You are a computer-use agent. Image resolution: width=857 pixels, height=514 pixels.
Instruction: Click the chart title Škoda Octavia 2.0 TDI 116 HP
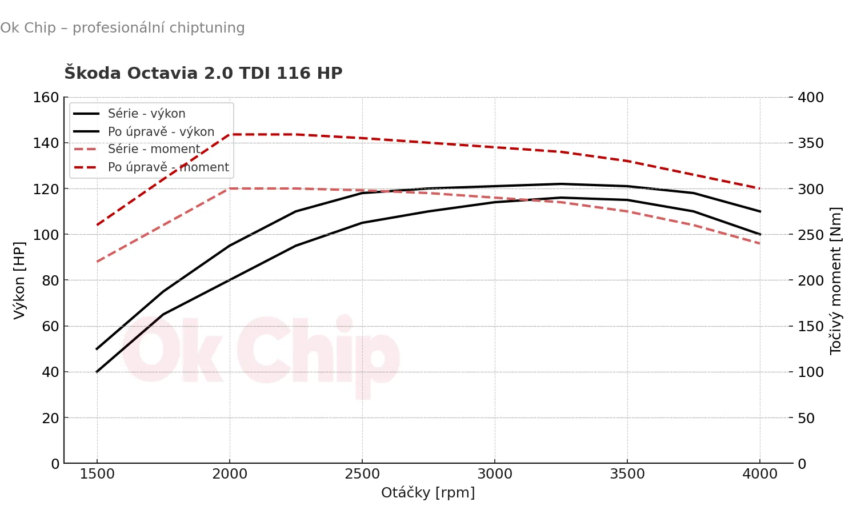click(x=203, y=74)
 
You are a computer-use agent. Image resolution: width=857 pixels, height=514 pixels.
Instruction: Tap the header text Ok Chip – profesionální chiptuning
click(x=122, y=28)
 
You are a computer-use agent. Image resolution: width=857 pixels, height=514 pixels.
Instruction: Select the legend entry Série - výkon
click(x=146, y=114)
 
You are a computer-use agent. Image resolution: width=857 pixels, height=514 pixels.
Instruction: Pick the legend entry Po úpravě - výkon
click(x=161, y=132)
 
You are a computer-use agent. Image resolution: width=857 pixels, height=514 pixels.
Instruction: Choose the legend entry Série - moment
click(x=154, y=149)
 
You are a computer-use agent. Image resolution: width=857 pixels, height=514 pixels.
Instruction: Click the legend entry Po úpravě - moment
click(x=168, y=167)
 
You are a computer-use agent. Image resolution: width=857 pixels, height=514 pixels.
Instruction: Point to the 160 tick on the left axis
click(x=46, y=98)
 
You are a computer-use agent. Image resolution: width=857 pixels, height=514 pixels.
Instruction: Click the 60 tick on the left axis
click(x=50, y=326)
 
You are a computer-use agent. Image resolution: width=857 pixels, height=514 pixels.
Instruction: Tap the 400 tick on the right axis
click(x=810, y=98)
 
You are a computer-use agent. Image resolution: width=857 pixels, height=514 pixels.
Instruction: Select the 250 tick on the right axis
click(x=810, y=235)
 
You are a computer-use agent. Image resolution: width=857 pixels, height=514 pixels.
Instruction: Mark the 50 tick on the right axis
click(x=806, y=418)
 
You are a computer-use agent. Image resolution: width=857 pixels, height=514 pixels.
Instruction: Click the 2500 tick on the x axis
click(x=362, y=474)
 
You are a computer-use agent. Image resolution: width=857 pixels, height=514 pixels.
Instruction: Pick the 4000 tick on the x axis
click(x=760, y=474)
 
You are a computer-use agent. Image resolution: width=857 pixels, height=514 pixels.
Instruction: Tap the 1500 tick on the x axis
click(x=97, y=474)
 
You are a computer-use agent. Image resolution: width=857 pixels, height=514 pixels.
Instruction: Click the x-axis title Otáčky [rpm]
click(x=428, y=493)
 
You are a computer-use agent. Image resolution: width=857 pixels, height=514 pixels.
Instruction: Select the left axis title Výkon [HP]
click(x=19, y=280)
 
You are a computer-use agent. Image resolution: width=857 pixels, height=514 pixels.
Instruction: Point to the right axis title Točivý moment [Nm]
click(x=836, y=280)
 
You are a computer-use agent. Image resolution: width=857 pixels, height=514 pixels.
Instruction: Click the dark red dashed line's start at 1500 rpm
click(x=97, y=224)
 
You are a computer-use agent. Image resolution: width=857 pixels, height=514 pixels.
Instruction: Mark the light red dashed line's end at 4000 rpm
click(x=760, y=243)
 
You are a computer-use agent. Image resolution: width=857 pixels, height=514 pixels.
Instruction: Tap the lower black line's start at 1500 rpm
click(x=97, y=372)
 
